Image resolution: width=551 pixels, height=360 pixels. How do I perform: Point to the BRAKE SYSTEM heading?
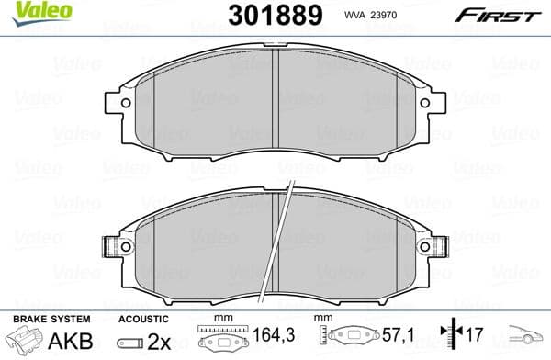[42, 317]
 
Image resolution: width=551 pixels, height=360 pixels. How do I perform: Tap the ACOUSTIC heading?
[142, 317]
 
